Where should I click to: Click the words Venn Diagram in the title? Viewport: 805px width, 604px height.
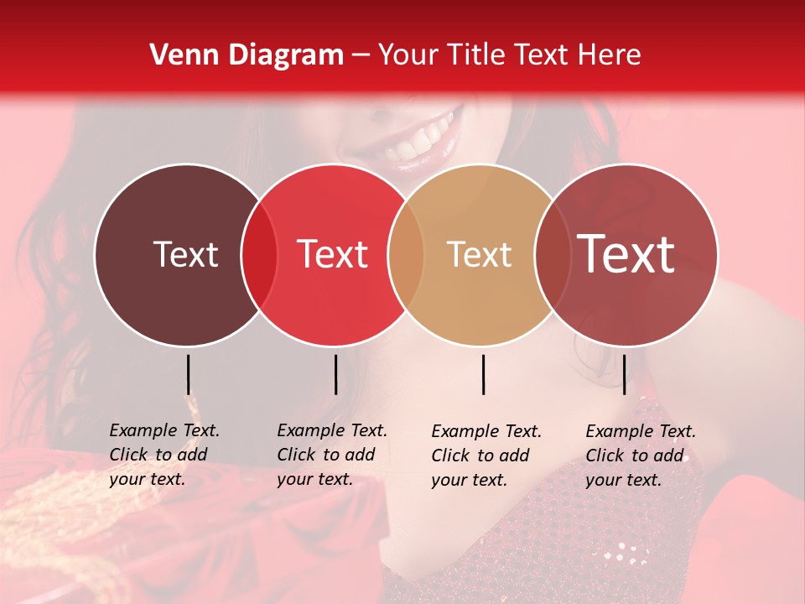[246, 55]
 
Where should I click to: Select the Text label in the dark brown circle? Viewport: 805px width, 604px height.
[185, 254]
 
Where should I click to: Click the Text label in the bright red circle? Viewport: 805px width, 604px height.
[332, 254]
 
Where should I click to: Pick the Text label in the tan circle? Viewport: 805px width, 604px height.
[479, 254]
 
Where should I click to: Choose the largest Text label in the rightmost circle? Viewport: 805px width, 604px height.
[626, 253]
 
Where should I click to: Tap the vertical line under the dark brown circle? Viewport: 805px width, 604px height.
[188, 374]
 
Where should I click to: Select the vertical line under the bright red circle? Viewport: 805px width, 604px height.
[335, 374]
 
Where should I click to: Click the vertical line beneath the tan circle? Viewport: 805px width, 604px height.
[483, 374]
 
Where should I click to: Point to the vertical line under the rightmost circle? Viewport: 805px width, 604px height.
[624, 374]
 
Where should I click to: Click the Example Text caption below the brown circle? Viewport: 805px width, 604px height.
[164, 455]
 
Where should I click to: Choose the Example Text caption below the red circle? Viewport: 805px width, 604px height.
[331, 455]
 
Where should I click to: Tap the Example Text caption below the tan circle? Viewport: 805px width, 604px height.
[486, 456]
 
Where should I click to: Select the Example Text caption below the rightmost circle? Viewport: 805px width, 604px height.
[640, 456]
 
